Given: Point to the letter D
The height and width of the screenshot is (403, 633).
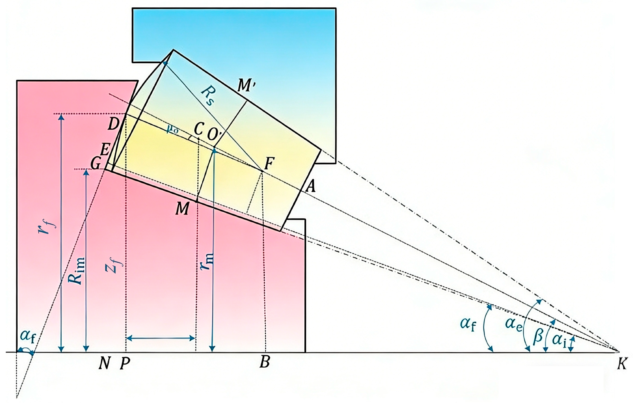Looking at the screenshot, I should point(113,124).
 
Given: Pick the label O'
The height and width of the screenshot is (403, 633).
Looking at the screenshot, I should point(214,135).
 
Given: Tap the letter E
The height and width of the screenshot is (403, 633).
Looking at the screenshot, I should point(105,150).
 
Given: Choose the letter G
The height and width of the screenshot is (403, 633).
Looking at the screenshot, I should point(95,165).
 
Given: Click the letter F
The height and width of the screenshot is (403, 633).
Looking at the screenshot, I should point(269,164).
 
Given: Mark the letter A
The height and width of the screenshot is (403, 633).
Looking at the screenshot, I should point(311,187).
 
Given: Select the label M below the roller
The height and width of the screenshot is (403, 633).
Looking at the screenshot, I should point(182,209).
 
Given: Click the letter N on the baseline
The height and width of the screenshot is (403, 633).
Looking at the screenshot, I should point(104,364).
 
